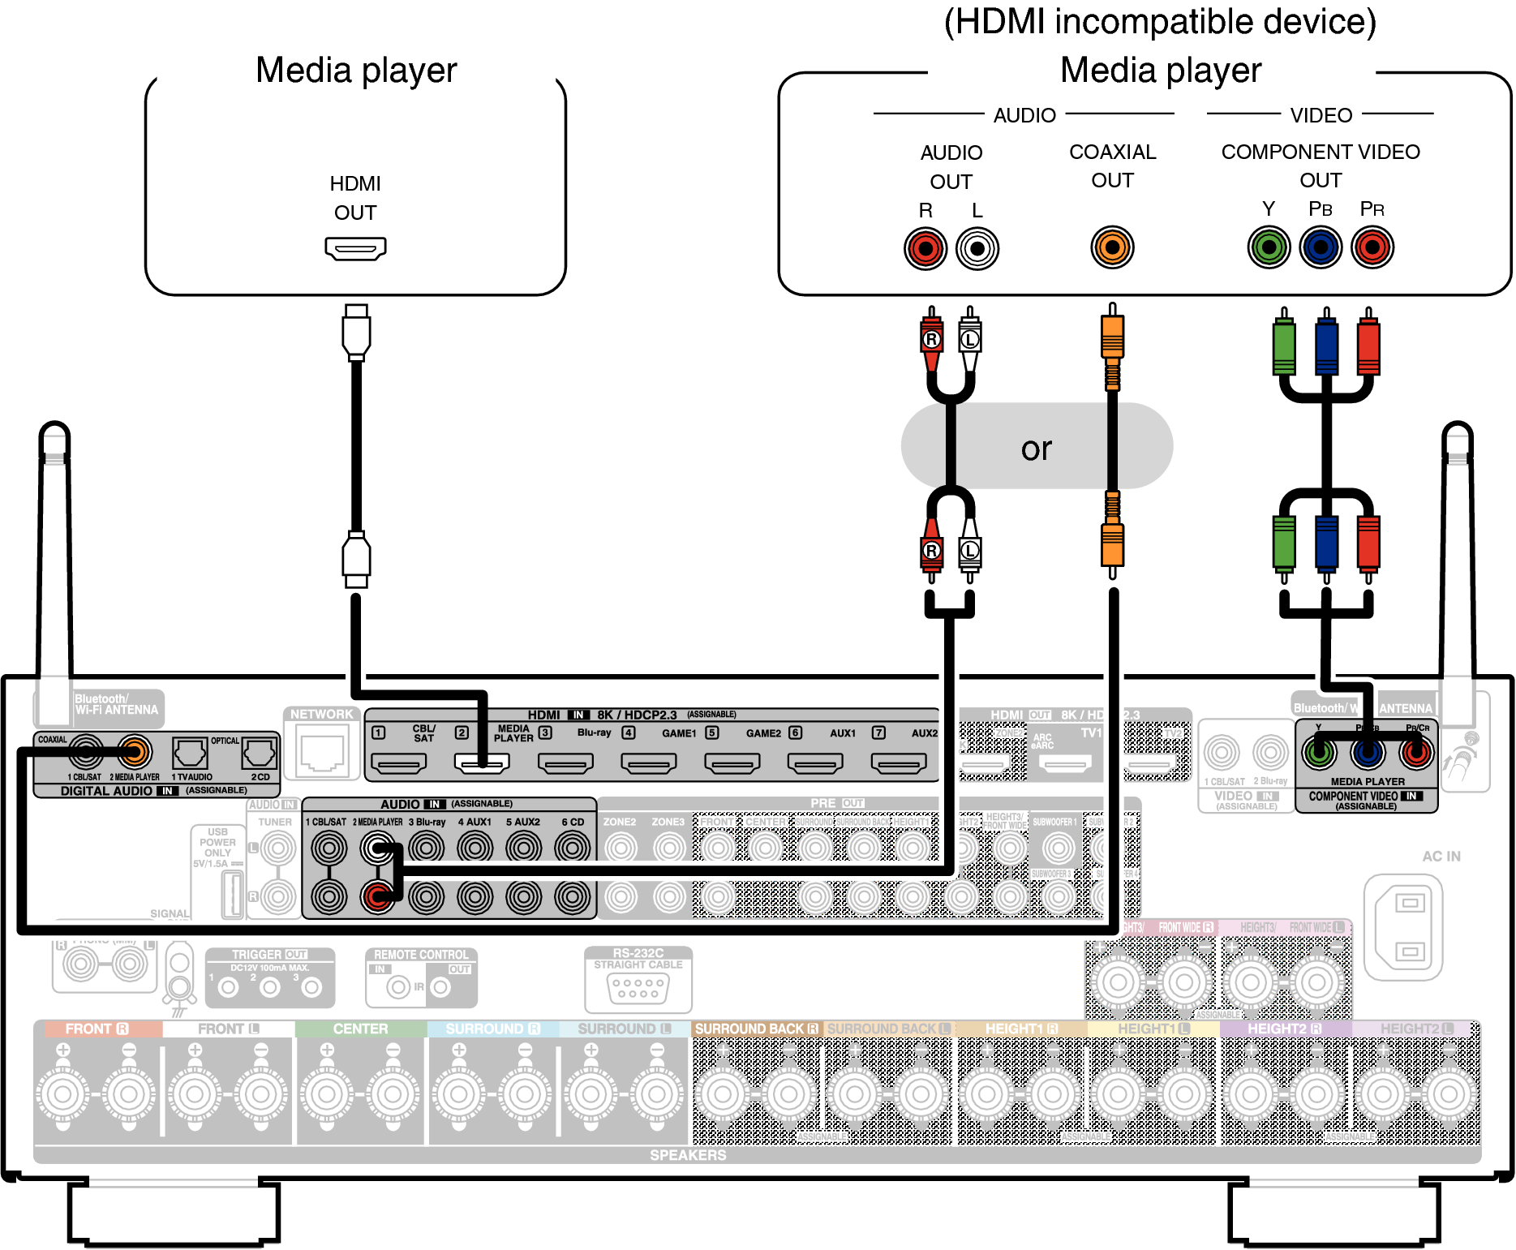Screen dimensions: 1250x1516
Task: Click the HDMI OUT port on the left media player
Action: pos(355,248)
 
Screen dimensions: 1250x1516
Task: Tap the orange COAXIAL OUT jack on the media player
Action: pos(1112,247)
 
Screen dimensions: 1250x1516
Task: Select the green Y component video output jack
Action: pos(1269,247)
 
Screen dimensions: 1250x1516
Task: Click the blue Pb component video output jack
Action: pos(1321,247)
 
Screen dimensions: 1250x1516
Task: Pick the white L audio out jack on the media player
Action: pos(977,248)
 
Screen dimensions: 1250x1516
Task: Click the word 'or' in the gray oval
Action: pos(1037,449)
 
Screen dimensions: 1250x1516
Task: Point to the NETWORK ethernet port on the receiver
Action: pos(322,753)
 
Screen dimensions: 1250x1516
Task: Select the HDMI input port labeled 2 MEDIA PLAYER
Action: pos(482,763)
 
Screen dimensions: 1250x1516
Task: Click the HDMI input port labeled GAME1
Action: pos(649,763)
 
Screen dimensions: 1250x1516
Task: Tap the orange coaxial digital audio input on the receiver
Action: pos(135,753)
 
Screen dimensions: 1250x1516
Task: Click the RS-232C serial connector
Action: pos(638,987)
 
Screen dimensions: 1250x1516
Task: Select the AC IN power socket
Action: pos(1410,926)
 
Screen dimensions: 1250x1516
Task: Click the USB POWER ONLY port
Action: pos(233,893)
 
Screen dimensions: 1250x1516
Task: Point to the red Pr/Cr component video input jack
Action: pos(1416,754)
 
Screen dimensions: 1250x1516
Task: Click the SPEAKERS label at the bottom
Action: pos(688,1155)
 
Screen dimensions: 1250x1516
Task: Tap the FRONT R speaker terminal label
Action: pos(97,1029)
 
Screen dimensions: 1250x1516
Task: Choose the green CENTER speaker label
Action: pos(360,1029)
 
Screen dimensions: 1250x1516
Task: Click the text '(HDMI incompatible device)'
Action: pos(1160,22)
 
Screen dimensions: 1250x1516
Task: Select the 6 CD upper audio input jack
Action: pos(573,848)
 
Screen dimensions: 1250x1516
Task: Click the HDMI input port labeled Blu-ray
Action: pos(565,763)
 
